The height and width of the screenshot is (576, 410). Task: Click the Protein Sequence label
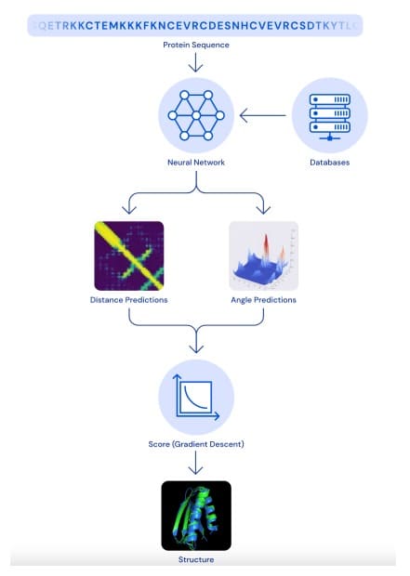click(x=196, y=45)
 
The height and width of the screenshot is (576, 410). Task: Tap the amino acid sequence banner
click(x=195, y=25)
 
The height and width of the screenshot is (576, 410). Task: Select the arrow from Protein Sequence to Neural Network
click(x=195, y=62)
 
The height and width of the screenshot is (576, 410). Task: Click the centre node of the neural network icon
click(x=196, y=116)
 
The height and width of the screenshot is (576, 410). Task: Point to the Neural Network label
click(x=196, y=163)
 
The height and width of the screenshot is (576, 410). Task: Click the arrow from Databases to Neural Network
click(x=262, y=115)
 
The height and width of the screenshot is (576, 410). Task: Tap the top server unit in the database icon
click(x=330, y=99)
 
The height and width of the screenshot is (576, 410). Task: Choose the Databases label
click(x=329, y=163)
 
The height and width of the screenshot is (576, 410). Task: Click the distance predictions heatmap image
click(x=129, y=255)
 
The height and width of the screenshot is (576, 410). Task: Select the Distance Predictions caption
click(x=128, y=300)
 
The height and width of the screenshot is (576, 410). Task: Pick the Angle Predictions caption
click(x=263, y=300)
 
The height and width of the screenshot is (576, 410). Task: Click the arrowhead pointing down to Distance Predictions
click(x=129, y=210)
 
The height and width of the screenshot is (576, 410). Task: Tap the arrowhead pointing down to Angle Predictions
click(x=263, y=210)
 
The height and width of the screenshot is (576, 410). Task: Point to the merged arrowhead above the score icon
click(x=196, y=348)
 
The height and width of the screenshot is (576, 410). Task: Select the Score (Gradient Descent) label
click(x=196, y=444)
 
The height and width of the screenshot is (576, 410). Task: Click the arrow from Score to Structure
click(x=195, y=463)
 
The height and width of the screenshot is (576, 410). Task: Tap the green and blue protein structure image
click(x=196, y=516)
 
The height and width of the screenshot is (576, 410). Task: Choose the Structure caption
click(x=196, y=559)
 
